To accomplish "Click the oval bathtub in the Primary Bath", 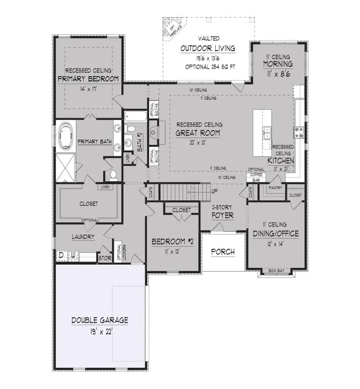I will (65, 135).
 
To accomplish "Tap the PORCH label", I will (222, 252).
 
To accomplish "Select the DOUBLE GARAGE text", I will (100, 320).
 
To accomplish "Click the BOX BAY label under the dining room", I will (276, 271).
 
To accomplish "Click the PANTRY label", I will (276, 188).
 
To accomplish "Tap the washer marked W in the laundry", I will (73, 255).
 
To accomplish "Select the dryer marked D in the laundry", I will (62, 255).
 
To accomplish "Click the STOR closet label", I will (105, 258).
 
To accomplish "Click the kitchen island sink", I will (267, 130).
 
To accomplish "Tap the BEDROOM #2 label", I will (172, 242).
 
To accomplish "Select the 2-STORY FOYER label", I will (222, 212).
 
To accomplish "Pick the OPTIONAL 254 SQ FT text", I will (207, 67).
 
